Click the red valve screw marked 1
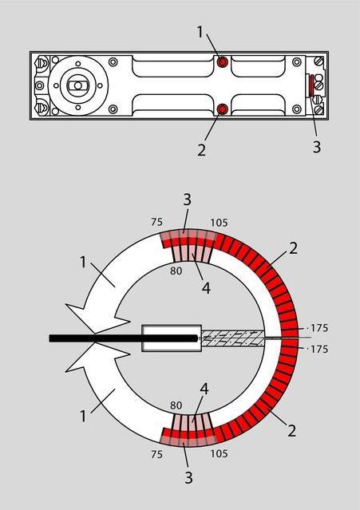[x=223, y=61]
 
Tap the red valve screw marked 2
[x=223, y=109]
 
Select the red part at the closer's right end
[x=311, y=85]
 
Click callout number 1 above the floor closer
[x=200, y=32]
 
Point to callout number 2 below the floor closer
[x=202, y=150]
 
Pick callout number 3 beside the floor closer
[x=317, y=147]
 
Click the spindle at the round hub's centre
[x=77, y=85]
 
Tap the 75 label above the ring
[x=156, y=222]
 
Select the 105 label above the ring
[x=219, y=223]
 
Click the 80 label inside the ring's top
[x=176, y=271]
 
